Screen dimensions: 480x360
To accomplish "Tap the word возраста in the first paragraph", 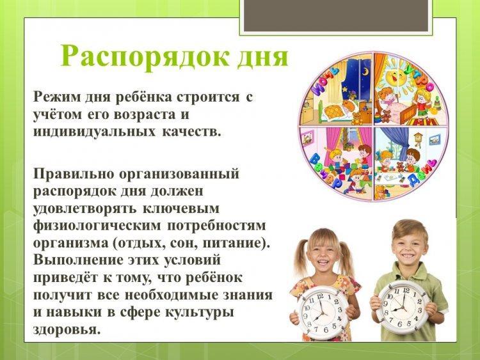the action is [x=143, y=115].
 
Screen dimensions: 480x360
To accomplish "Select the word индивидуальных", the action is [x=94, y=132].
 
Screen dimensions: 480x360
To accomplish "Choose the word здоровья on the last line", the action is [x=67, y=331].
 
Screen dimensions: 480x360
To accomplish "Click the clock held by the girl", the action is [x=323, y=313].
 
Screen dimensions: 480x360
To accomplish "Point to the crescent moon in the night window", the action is [x=365, y=72].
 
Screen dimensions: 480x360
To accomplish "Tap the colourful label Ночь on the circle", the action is [x=324, y=82].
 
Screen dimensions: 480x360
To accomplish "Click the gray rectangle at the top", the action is [x=336, y=14].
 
